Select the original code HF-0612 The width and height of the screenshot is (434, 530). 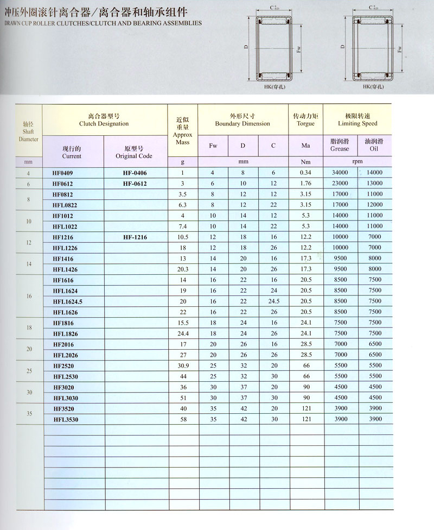coord(135,184)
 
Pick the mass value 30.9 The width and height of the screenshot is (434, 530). coord(183,365)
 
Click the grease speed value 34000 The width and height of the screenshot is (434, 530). coord(340,173)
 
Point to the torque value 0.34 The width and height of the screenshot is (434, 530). coord(305,173)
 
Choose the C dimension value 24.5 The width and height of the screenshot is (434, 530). coord(273,301)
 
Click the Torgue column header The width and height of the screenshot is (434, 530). coord(305,124)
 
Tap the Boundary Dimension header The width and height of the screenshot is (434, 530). coord(242,124)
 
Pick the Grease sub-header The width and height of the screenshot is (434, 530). coord(340,149)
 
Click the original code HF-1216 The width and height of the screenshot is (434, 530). coord(135,237)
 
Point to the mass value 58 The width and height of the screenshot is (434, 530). coord(183,419)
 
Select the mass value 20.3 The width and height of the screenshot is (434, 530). coord(183,269)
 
